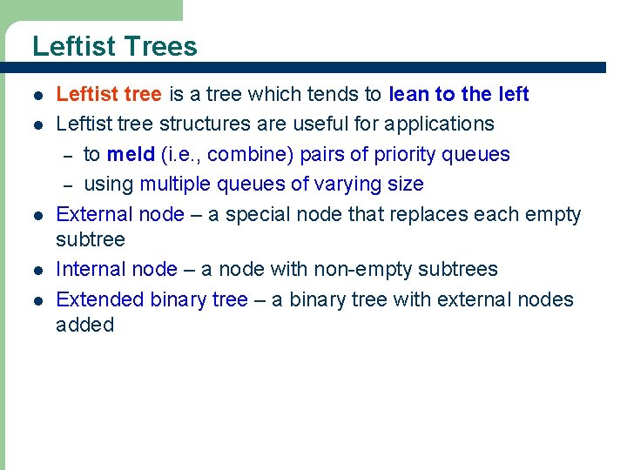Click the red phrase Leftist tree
[x=108, y=94]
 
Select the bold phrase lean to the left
[x=459, y=94]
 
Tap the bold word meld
[x=131, y=155]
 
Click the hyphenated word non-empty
[x=361, y=269]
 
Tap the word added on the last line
[x=84, y=325]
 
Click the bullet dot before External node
[x=37, y=215]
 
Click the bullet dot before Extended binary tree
[x=37, y=300]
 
